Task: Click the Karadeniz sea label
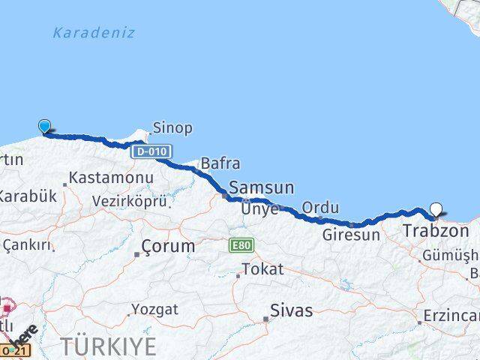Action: point(94,33)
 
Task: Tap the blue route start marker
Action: point(45,127)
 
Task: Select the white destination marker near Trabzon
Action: point(436,211)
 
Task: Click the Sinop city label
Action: point(172,127)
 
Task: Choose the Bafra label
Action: point(220,163)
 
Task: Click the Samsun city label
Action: point(261,187)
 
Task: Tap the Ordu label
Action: point(320,208)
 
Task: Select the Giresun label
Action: point(351,235)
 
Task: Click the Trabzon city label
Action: point(436,231)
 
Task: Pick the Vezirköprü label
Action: point(129,200)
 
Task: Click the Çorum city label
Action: point(169,246)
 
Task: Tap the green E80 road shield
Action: point(241,245)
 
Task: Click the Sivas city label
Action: point(291,310)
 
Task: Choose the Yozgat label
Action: point(155,309)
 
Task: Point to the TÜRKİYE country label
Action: point(109,346)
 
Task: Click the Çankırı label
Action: point(27,244)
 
